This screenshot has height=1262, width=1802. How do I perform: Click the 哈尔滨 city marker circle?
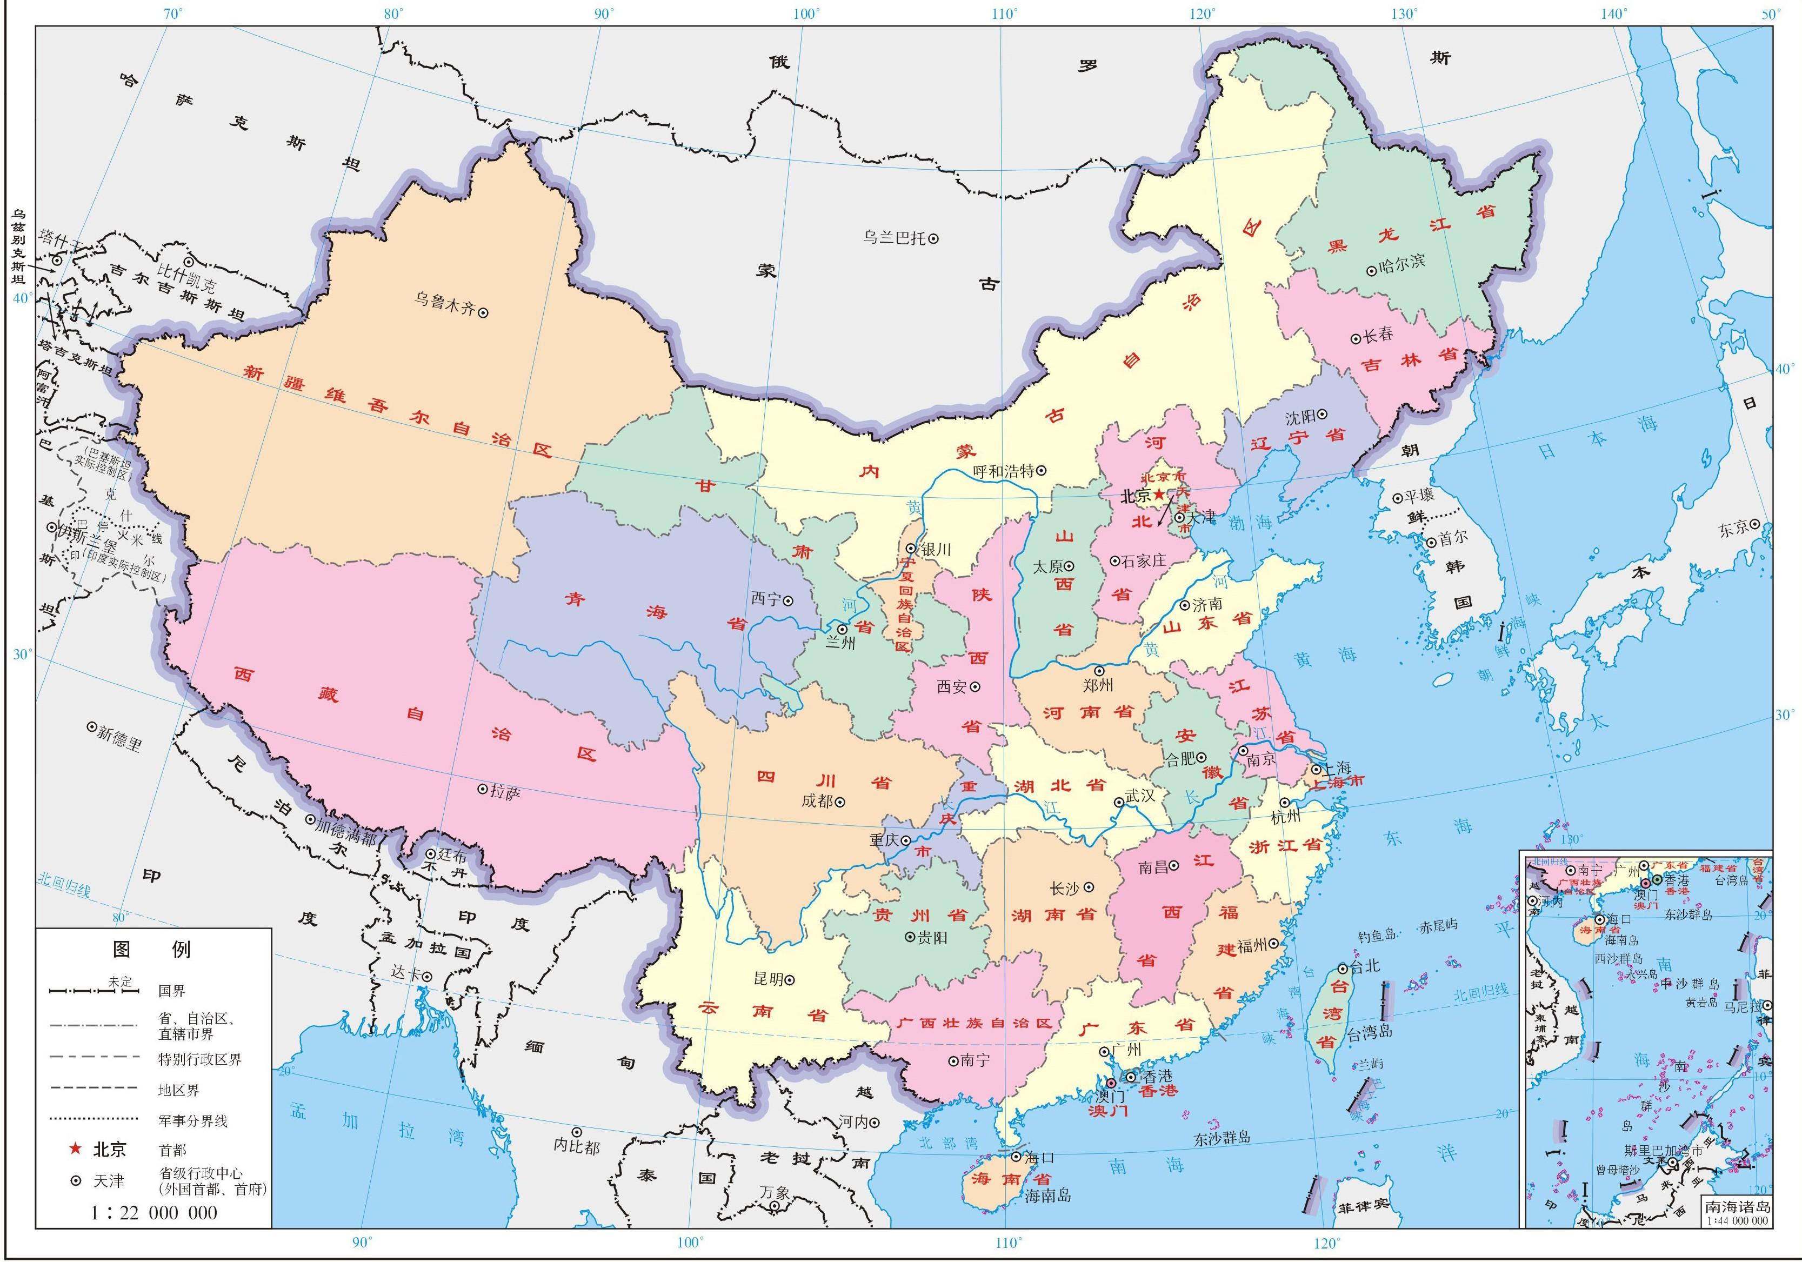[x=1371, y=270]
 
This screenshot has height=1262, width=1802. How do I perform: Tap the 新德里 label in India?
[x=118, y=738]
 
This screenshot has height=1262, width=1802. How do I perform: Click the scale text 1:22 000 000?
[x=154, y=1213]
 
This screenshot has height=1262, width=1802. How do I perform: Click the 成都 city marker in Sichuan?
[x=840, y=802]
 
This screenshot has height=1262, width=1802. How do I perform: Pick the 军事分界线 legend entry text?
[x=193, y=1121]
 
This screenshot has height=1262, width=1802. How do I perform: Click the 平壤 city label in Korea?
[x=1418, y=496]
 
